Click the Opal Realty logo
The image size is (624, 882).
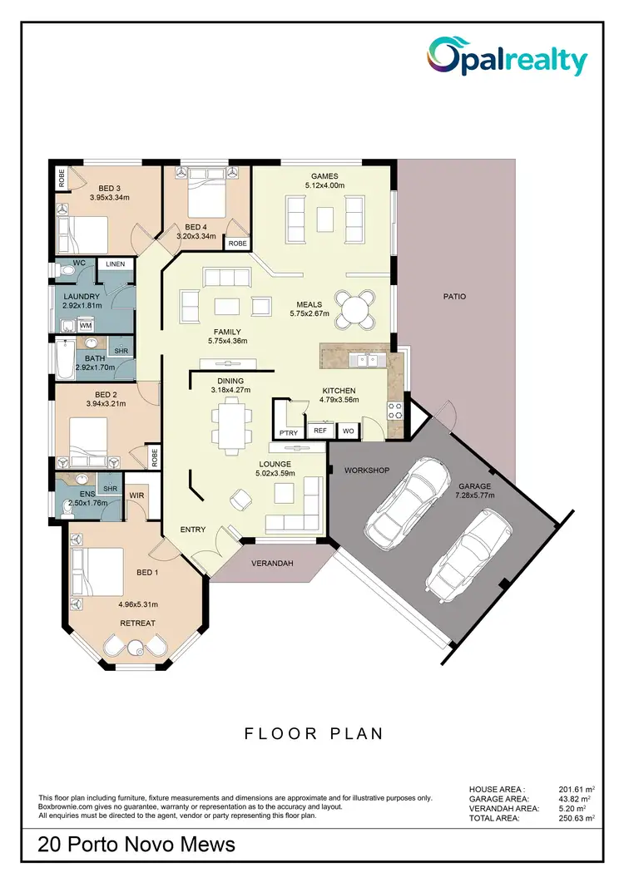pyautogui.click(x=507, y=59)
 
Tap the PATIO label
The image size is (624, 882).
pyautogui.click(x=454, y=296)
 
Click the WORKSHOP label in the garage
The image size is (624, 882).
pyautogui.click(x=367, y=471)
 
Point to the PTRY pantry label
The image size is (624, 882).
pyautogui.click(x=289, y=432)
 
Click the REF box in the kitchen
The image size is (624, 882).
pyautogui.click(x=319, y=431)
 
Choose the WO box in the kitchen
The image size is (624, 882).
pyautogui.click(x=349, y=431)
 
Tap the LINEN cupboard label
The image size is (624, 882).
pyautogui.click(x=115, y=264)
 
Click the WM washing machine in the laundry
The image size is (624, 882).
pyautogui.click(x=85, y=325)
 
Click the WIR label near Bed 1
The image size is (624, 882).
pyautogui.click(x=137, y=495)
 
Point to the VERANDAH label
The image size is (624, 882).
pyautogui.click(x=273, y=564)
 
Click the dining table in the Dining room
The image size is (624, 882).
pyautogui.click(x=230, y=422)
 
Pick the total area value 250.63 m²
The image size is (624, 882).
pyautogui.click(x=577, y=819)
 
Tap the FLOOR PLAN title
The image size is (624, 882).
pyautogui.click(x=313, y=733)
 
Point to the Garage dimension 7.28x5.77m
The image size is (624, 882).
pyautogui.click(x=474, y=496)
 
